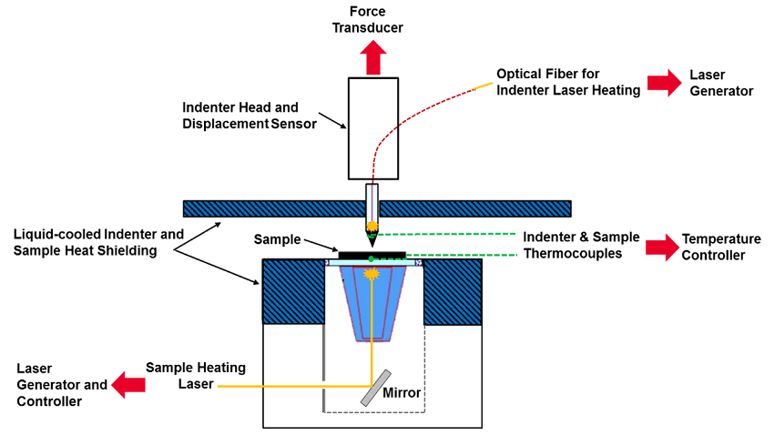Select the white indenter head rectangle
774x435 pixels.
[x=372, y=127]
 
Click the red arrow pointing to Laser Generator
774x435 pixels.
[x=664, y=84]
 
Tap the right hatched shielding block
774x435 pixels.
[x=453, y=290]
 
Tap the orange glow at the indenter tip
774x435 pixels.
[x=372, y=224]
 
